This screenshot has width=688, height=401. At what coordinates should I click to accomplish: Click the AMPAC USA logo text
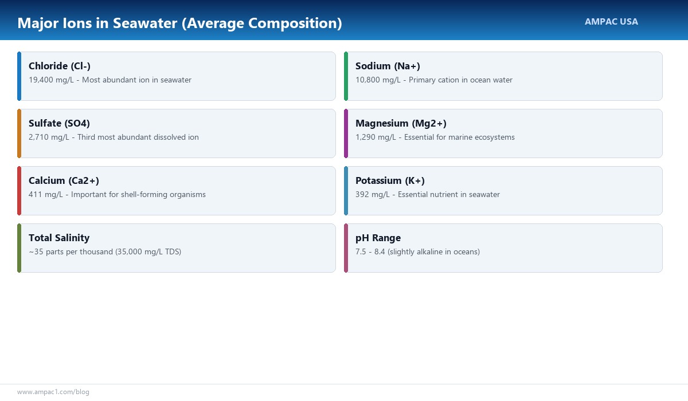[x=611, y=21]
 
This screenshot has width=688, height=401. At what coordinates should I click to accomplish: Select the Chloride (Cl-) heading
[x=60, y=66]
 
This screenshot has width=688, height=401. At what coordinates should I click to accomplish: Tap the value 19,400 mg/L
[x=51, y=80]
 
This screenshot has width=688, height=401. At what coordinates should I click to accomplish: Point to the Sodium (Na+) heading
[x=388, y=66]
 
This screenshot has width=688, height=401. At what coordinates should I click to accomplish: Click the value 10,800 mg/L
[x=378, y=80]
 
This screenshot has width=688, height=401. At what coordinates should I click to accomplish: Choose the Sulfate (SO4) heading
[x=59, y=123]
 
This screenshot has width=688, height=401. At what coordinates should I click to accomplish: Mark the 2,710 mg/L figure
[x=49, y=137]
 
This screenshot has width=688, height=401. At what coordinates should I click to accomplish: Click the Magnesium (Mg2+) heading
[x=401, y=123]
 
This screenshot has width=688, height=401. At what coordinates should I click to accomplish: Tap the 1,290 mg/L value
[x=376, y=137]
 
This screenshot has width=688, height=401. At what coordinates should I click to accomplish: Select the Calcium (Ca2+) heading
[x=64, y=180]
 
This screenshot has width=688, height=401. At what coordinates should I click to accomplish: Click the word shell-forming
[x=144, y=195]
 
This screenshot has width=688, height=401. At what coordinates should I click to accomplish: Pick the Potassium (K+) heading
[x=390, y=180]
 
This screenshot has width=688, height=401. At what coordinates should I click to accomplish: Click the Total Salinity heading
[x=59, y=238]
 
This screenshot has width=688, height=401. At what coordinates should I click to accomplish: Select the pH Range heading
[x=378, y=238]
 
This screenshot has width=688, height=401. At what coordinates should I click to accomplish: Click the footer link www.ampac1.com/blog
[x=53, y=392]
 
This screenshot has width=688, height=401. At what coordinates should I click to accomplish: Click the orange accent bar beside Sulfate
[x=19, y=133]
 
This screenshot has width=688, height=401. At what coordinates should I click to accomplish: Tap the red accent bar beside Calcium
[x=19, y=191]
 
